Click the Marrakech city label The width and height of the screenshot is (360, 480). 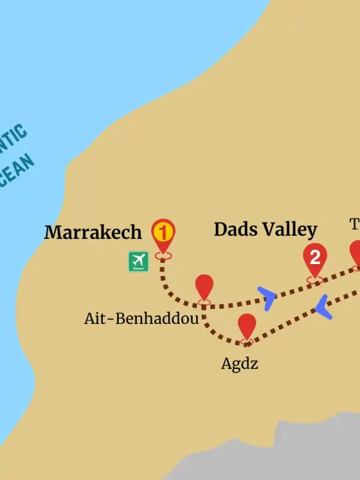click(x=93, y=232)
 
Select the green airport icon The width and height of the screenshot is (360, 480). click(x=138, y=262)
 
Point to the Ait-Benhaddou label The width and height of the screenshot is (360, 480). click(x=141, y=319)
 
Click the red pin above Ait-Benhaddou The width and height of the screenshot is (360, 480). click(x=205, y=287)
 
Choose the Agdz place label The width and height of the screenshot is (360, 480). click(x=239, y=364)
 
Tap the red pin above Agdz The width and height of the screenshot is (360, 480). click(x=247, y=326)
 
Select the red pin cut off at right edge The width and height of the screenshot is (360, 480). click(x=356, y=252)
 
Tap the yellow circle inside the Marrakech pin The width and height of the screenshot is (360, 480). click(x=163, y=231)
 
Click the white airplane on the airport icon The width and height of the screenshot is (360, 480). click(x=138, y=260)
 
